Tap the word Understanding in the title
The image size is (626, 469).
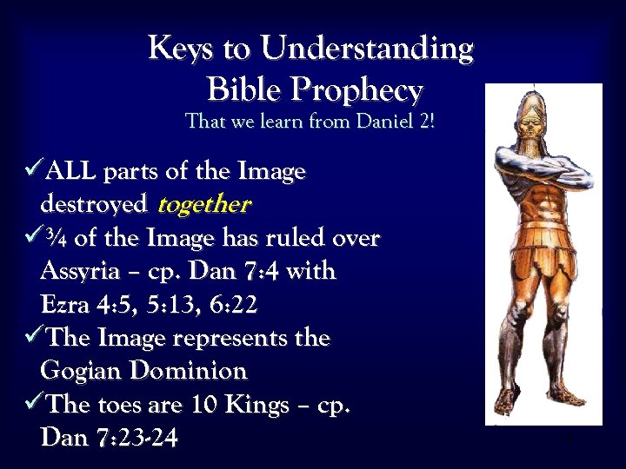tap(367, 50)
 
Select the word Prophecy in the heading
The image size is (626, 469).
tap(359, 89)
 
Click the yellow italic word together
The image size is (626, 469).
tap(203, 205)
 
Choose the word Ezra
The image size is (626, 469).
tap(65, 305)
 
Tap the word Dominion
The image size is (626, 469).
tap(190, 371)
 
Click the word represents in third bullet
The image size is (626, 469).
tap(228, 338)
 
